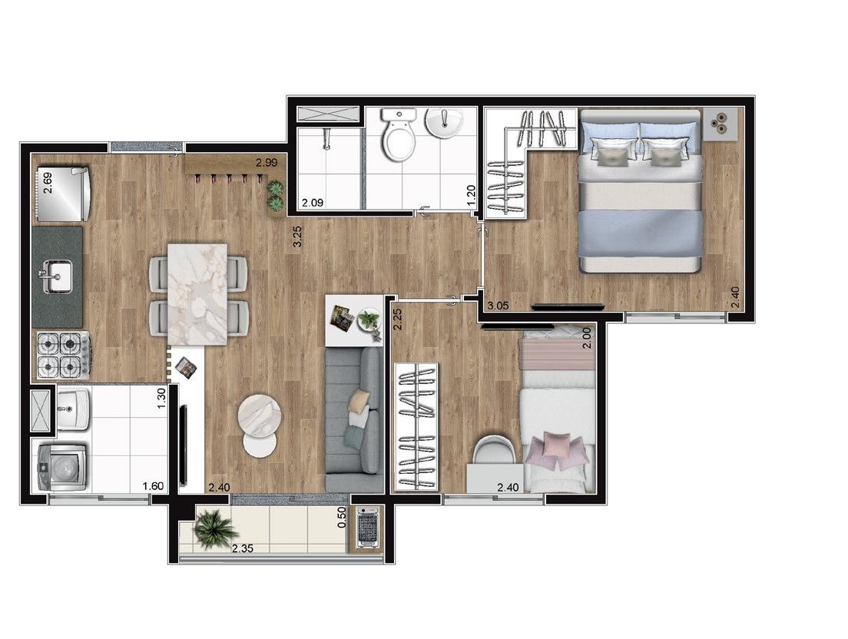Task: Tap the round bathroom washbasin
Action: pyautogui.click(x=443, y=123)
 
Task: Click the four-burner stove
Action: pyautogui.click(x=63, y=355)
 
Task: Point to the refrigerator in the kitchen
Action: pyautogui.click(x=62, y=194)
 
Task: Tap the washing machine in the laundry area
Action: pyautogui.click(x=61, y=467)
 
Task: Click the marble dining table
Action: pyautogui.click(x=197, y=294)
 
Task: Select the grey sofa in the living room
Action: pyautogui.click(x=354, y=419)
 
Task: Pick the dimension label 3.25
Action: pyautogui.click(x=297, y=237)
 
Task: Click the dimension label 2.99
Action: pyautogui.click(x=267, y=163)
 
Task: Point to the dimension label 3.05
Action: pyautogui.click(x=498, y=306)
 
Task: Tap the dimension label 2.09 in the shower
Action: pyautogui.click(x=313, y=204)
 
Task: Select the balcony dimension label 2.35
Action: pyautogui.click(x=243, y=548)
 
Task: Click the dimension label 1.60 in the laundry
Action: pyautogui.click(x=153, y=486)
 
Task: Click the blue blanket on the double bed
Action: pyautogui.click(x=641, y=233)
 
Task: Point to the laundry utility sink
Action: pyautogui.click(x=72, y=409)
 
